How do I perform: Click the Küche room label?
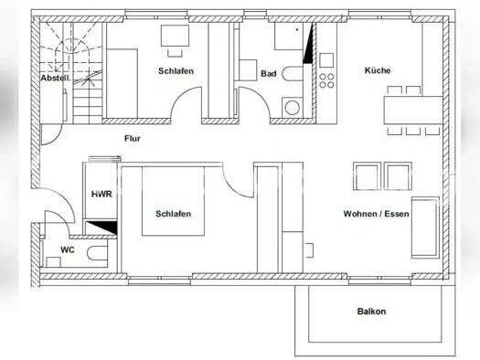tap(378, 70)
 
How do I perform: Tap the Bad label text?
tap(269, 73)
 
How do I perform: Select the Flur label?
tap(133, 139)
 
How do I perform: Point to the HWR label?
tap(101, 194)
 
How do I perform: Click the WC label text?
tap(68, 249)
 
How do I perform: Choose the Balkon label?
tap(371, 312)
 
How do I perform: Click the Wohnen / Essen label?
tap(376, 214)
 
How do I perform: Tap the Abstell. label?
tap(56, 78)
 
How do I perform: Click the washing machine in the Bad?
tap(293, 107)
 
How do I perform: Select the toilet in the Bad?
tap(293, 73)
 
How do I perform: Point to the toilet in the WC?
tap(97, 253)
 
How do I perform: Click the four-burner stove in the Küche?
tap(326, 80)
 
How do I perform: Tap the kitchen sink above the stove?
tap(326, 60)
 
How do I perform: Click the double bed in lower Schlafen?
tap(174, 201)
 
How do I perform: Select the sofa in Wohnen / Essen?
tap(425, 228)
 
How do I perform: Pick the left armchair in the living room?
tap(367, 176)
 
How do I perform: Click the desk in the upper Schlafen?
tap(175, 36)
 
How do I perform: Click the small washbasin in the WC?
tap(53, 262)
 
